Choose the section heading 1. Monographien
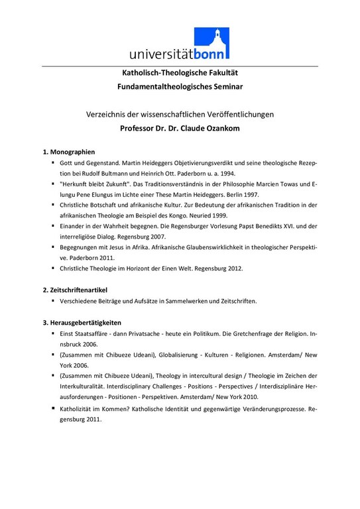pyautogui.click(x=69, y=152)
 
